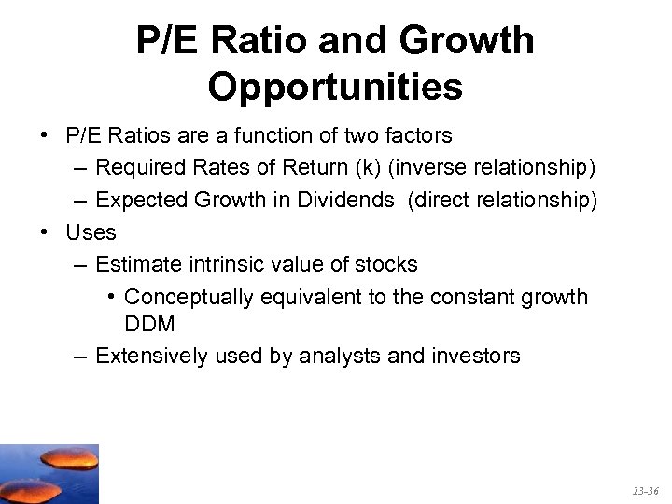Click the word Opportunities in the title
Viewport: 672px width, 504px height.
coord(335,87)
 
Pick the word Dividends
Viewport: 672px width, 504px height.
coord(348,201)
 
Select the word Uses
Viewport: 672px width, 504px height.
coord(91,232)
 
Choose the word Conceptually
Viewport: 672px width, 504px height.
coord(189,297)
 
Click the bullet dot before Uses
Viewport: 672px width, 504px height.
coord(45,232)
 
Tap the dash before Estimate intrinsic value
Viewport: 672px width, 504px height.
coord(79,265)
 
